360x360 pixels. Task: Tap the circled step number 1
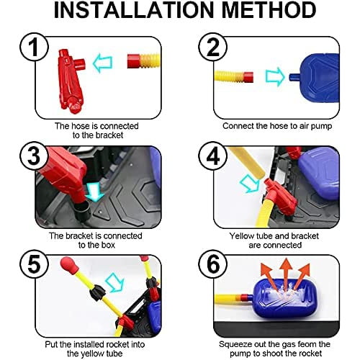click(34, 47)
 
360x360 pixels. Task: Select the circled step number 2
click(213, 47)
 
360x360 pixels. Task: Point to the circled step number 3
click(34, 156)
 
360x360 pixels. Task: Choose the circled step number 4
click(213, 156)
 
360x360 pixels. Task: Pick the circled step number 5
click(34, 264)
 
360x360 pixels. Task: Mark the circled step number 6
click(213, 264)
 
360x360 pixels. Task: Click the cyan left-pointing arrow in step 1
click(102, 63)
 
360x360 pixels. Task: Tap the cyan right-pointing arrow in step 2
click(275, 77)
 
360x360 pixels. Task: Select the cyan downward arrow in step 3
click(95, 192)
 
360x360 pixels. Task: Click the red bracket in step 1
click(71, 81)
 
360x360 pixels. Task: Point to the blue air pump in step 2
click(317, 77)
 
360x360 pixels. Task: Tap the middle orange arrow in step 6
click(286, 274)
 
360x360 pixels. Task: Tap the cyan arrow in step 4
click(251, 184)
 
